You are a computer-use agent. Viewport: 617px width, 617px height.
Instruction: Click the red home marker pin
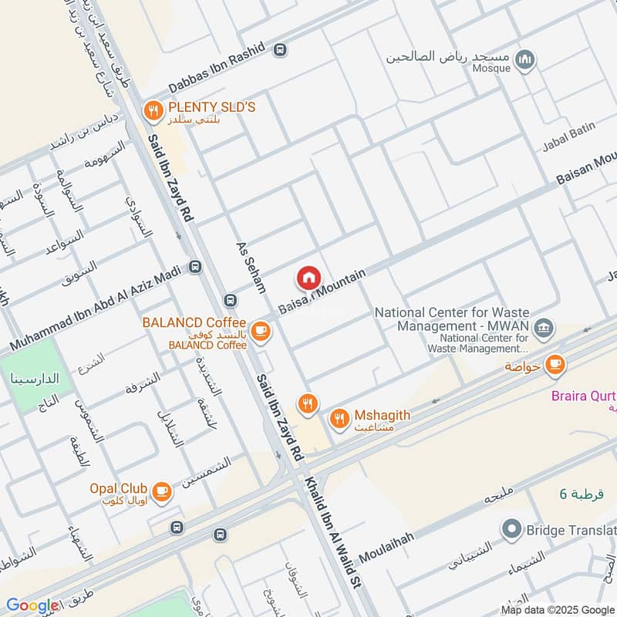[308, 278]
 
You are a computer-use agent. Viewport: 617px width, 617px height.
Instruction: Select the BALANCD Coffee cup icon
[261, 331]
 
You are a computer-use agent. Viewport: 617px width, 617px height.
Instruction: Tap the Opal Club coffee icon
[161, 491]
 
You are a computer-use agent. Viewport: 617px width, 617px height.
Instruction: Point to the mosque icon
[525, 60]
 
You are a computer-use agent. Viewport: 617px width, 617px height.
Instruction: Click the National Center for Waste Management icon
[545, 328]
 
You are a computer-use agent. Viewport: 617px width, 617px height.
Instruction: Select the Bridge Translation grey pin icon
[510, 530]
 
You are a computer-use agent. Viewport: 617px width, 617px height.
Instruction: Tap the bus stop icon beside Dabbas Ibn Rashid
[279, 49]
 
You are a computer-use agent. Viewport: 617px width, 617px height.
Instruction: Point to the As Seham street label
[251, 265]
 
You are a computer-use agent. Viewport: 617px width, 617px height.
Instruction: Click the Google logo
[32, 606]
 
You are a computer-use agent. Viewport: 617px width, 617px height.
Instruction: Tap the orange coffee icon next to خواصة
[555, 365]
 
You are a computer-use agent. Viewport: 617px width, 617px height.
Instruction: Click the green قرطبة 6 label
[584, 494]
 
